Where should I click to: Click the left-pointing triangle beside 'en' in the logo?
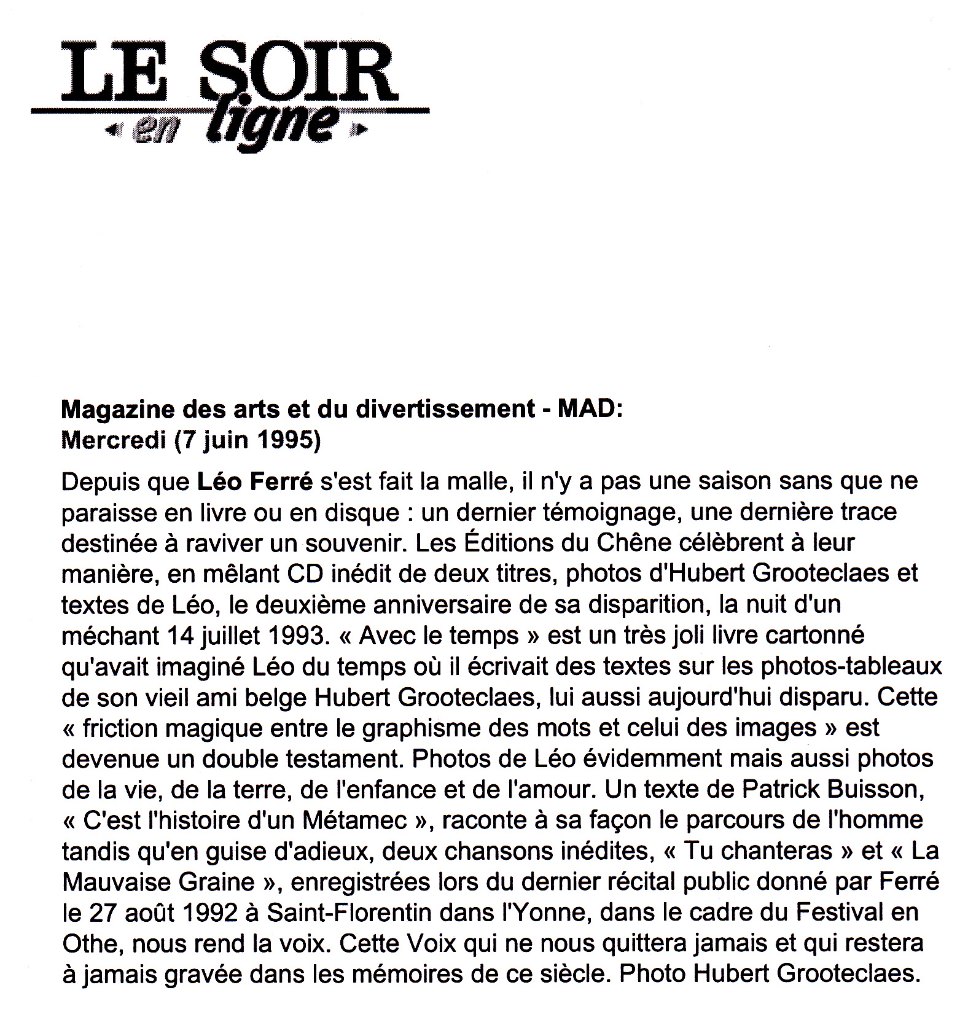[111, 130]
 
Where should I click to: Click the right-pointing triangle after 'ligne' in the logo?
[362, 130]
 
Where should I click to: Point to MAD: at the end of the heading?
[590, 409]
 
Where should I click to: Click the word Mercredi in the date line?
[114, 440]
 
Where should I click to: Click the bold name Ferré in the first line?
[281, 481]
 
